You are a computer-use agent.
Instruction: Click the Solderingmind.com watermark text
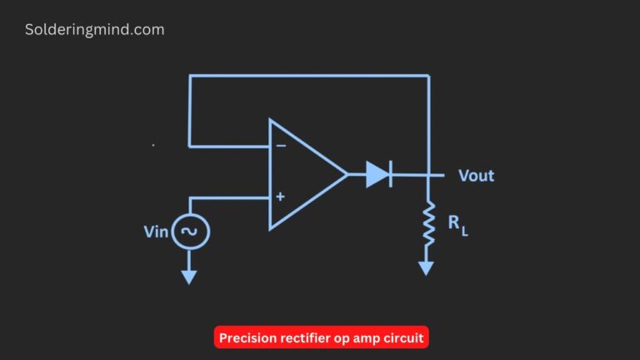tap(94, 30)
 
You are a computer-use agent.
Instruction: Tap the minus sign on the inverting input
tap(281, 146)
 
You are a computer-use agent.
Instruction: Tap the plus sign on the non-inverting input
tap(280, 197)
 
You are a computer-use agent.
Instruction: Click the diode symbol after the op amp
tap(378, 174)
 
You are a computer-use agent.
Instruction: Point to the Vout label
tap(476, 176)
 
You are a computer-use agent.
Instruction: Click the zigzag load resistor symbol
tap(428, 224)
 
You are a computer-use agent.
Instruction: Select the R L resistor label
tap(458, 225)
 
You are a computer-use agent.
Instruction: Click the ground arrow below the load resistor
tap(427, 267)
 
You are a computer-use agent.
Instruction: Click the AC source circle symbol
tap(190, 232)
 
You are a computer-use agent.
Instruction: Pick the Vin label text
tap(156, 232)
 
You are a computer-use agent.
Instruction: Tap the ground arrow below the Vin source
tap(190, 276)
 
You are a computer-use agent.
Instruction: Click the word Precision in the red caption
tap(247, 338)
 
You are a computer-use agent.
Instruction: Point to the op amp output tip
tap(347, 174)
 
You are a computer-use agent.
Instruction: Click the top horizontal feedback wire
tap(308, 76)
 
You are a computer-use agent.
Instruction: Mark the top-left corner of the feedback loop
tap(190, 76)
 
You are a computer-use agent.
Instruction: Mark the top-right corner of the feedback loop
tap(428, 76)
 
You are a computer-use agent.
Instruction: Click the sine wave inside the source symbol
tap(190, 232)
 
